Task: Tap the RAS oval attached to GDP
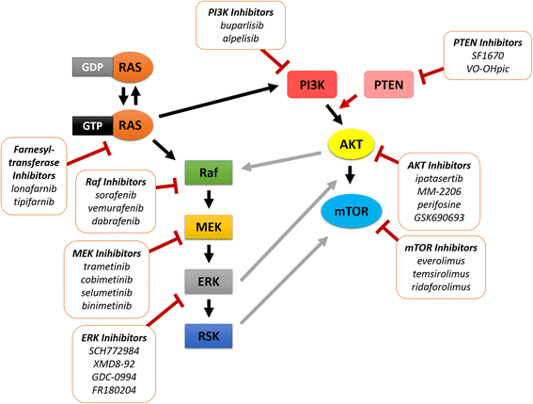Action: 132,67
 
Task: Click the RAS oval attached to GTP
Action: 132,123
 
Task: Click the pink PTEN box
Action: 388,87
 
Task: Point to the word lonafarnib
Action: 44,175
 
